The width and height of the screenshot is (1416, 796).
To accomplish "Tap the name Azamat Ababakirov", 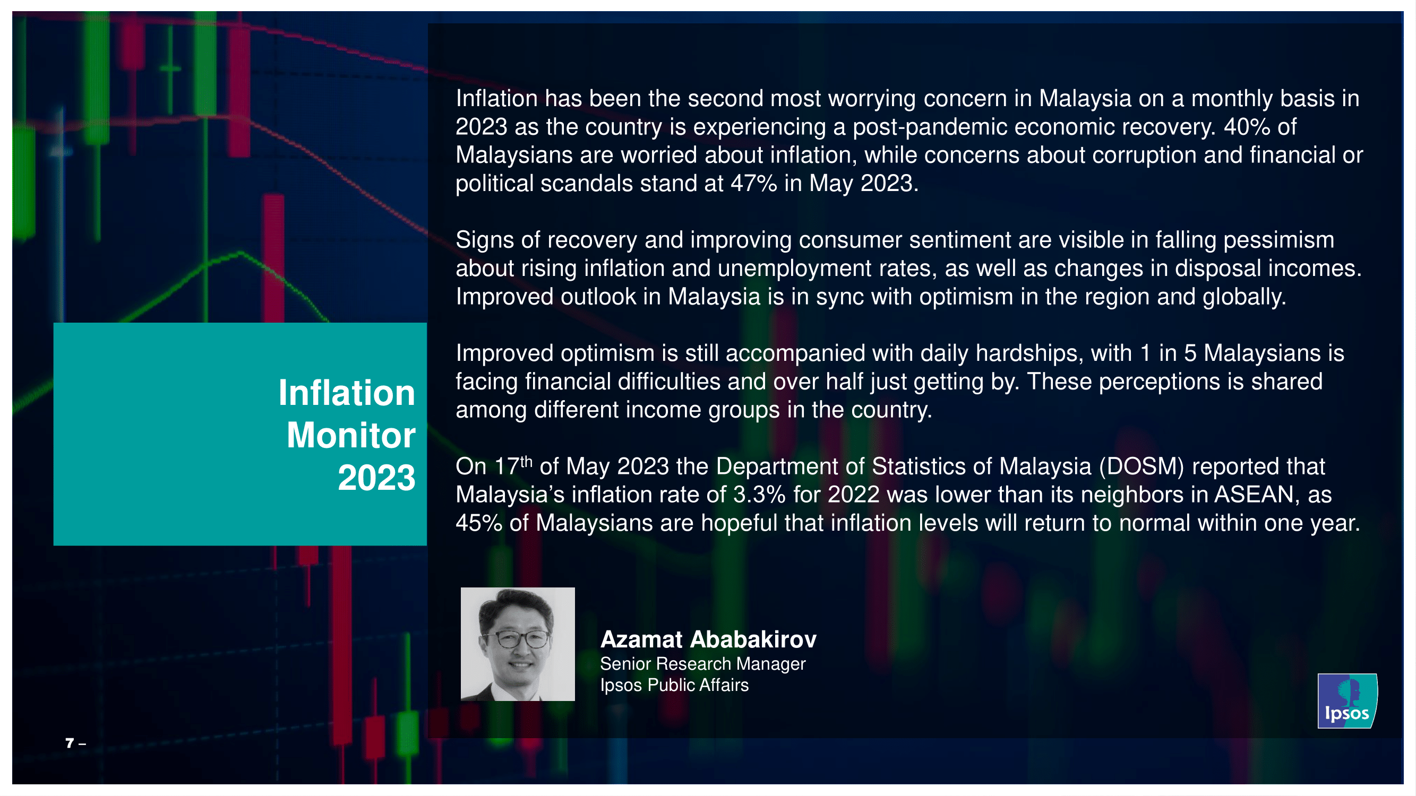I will pos(708,639).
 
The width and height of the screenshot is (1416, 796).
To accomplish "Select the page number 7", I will pos(69,743).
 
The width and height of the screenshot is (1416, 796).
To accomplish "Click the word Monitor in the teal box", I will pos(351,435).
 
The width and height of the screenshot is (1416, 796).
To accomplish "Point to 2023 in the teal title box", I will pos(376,478).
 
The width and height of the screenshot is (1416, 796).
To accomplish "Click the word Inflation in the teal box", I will pos(346,393).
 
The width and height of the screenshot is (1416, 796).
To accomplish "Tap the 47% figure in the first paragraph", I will pos(753,184).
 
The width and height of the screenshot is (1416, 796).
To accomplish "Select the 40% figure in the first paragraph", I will pos(1247,127).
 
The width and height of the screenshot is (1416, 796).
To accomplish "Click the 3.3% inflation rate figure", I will pos(759,495).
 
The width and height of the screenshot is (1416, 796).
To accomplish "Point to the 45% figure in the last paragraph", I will pos(479,524).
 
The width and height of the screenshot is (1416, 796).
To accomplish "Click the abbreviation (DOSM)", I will pos(1141,467).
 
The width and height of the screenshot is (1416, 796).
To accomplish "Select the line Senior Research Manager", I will pos(702,664).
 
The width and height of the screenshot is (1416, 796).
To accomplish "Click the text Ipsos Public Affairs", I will pos(674,685).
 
